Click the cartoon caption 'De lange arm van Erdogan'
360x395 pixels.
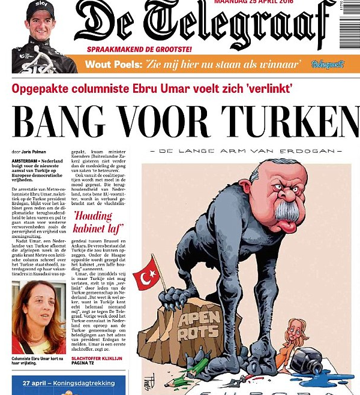point(246,150)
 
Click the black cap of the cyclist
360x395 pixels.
point(40,8)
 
